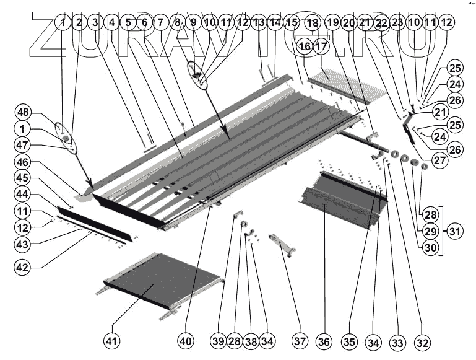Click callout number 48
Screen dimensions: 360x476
click(24, 113)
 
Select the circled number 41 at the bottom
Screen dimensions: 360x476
click(112, 341)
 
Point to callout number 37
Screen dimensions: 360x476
click(301, 341)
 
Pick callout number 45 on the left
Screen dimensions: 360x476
click(24, 178)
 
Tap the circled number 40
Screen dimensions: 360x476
click(186, 341)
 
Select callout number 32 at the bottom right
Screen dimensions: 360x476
click(423, 341)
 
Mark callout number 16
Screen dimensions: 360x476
click(304, 45)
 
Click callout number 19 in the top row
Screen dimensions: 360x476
click(332, 22)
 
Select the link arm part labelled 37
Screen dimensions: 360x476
click(282, 244)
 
